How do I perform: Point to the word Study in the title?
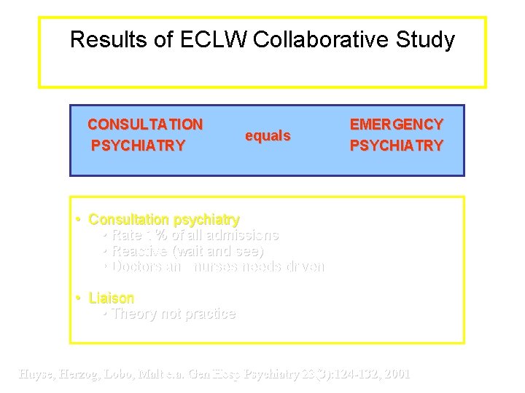coord(424,39)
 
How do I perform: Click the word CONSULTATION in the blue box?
coord(145,124)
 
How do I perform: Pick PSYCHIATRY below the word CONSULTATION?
coord(138,146)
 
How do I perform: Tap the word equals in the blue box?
coord(268,136)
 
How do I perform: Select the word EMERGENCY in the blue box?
coord(397,124)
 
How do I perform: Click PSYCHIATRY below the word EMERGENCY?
coord(397,146)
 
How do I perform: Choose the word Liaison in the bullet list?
coord(112,298)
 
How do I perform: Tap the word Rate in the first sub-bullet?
coord(127,235)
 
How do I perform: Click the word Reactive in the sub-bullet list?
coord(139,251)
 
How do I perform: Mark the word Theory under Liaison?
coord(133,314)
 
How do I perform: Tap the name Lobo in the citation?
coord(130,374)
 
